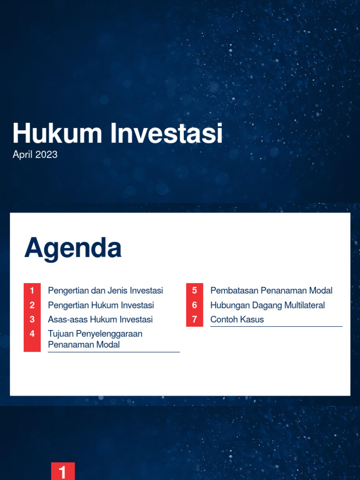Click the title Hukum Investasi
click(x=117, y=133)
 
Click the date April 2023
click(x=35, y=155)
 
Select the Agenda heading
click(x=73, y=248)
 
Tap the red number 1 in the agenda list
click(x=32, y=291)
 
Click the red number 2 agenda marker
click(x=32, y=305)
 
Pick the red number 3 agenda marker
click(x=32, y=320)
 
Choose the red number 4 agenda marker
click(x=32, y=334)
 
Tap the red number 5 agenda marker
click(x=195, y=291)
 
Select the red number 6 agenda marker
click(x=195, y=305)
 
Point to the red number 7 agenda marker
click(x=195, y=320)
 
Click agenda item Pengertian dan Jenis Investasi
click(x=105, y=291)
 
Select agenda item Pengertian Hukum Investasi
click(x=101, y=305)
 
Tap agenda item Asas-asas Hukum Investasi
click(x=100, y=320)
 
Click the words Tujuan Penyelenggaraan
click(x=95, y=334)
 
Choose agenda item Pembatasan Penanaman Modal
click(x=271, y=291)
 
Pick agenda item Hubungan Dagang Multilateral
click(x=268, y=305)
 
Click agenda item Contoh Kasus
click(x=237, y=320)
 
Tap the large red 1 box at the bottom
click(x=63, y=472)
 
